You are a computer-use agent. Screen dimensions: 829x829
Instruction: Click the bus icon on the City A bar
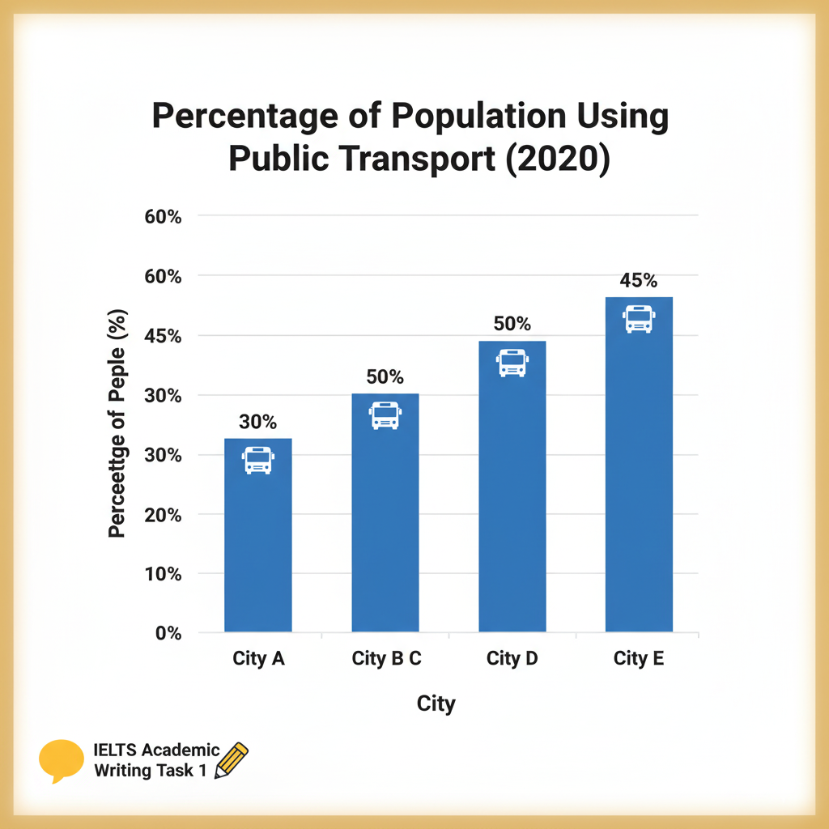point(257,460)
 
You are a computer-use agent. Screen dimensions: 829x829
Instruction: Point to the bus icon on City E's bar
point(639,319)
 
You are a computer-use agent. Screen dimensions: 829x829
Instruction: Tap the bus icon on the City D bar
point(512,363)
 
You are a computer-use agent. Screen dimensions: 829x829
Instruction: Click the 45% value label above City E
point(639,281)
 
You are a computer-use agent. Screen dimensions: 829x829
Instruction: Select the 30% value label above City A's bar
point(257,422)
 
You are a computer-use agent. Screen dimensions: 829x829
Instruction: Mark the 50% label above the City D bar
point(512,325)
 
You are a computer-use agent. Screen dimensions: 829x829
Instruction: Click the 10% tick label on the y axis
point(164,574)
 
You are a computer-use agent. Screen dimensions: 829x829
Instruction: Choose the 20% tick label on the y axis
point(164,515)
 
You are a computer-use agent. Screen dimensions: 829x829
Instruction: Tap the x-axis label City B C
point(386,658)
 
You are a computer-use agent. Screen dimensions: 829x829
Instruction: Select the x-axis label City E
point(639,658)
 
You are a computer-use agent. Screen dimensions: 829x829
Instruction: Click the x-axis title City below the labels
point(436,704)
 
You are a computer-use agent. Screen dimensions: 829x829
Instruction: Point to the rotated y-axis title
point(117,426)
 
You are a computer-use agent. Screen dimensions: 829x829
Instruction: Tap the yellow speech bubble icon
point(62,760)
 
